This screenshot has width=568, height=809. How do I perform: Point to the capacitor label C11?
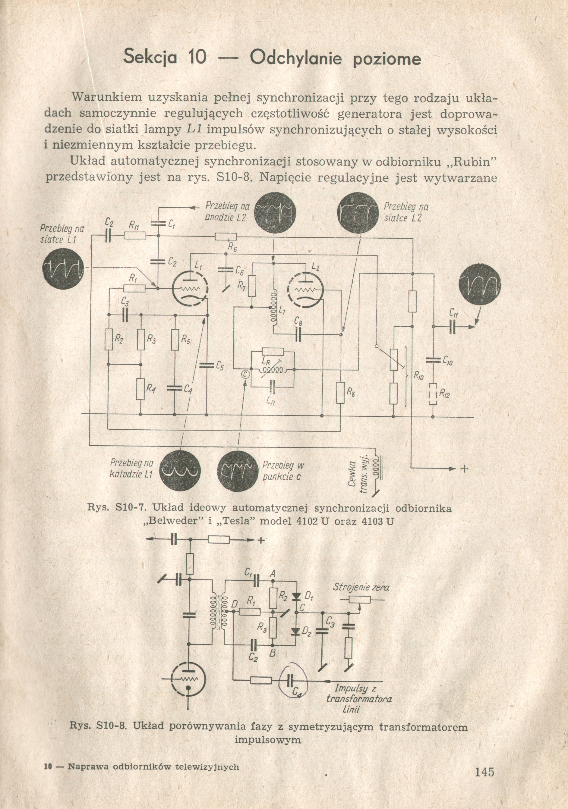[x=454, y=312]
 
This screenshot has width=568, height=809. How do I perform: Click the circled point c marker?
[x=246, y=375]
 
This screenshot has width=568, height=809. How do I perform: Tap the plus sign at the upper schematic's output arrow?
[x=464, y=469]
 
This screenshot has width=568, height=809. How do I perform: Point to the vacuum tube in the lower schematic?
[x=188, y=681]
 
